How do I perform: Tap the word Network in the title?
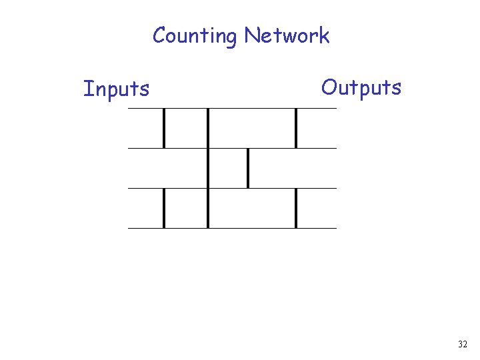[287, 35]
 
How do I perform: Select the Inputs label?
[116, 89]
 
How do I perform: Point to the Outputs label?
[361, 87]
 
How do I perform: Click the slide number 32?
[463, 345]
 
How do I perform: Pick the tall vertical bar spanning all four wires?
[208, 168]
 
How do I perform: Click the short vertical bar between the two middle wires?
[248, 168]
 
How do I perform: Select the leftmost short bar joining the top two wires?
[164, 128]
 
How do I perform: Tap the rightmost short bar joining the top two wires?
[296, 128]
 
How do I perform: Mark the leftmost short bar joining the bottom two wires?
[164, 208]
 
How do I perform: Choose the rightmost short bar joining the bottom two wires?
[296, 208]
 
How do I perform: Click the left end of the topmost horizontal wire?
[129, 108]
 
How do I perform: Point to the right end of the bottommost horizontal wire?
[335, 228]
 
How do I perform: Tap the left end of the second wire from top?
[129, 148]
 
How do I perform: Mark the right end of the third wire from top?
[335, 188]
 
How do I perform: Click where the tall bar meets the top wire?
[208, 109]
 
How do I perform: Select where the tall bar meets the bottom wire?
[208, 227]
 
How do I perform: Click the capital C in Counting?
[160, 35]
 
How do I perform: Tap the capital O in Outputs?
[329, 87]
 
